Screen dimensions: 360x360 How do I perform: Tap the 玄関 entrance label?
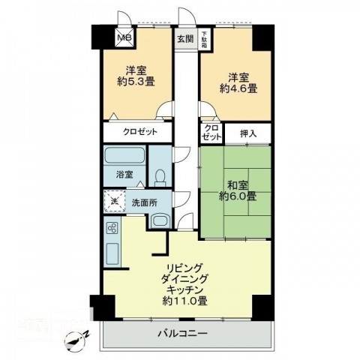[x=184, y=37]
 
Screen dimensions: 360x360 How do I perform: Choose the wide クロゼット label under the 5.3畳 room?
[x=141, y=132]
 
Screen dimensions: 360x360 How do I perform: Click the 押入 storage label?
[x=248, y=133]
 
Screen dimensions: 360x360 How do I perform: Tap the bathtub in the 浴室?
[x=124, y=157]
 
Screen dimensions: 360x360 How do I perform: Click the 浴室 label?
[x=124, y=175]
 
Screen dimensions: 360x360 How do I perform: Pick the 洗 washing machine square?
[x=112, y=201]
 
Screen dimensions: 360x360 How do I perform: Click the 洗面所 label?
[x=144, y=202]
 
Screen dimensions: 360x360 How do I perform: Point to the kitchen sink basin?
[x=113, y=256]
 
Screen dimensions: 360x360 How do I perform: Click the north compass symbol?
[x=74, y=341]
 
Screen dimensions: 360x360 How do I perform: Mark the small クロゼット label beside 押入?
[x=211, y=133]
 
